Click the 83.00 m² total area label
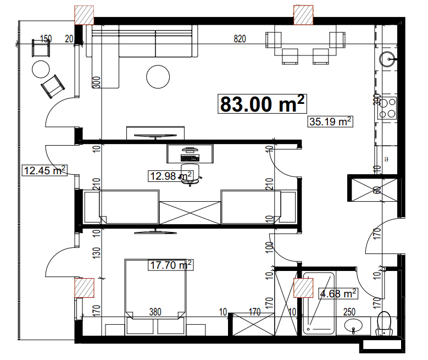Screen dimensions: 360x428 pyautogui.click(x=262, y=103)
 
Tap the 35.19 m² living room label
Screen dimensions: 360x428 pyautogui.click(x=330, y=121)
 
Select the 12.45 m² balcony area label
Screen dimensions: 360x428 pyautogui.click(x=44, y=170)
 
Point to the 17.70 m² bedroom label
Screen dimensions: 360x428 pyautogui.click(x=171, y=265)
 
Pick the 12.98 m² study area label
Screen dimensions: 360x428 pyautogui.click(x=170, y=176)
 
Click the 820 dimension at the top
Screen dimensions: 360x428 pyautogui.click(x=239, y=38)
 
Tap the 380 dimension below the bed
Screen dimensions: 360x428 pyautogui.click(x=155, y=312)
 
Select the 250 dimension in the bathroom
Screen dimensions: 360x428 pyautogui.click(x=349, y=312)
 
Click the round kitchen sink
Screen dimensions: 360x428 pyautogui.click(x=388, y=58)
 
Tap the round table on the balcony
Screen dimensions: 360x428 pyautogui.click(x=40, y=69)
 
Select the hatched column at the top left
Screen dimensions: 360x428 pyautogui.click(x=84, y=14)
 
